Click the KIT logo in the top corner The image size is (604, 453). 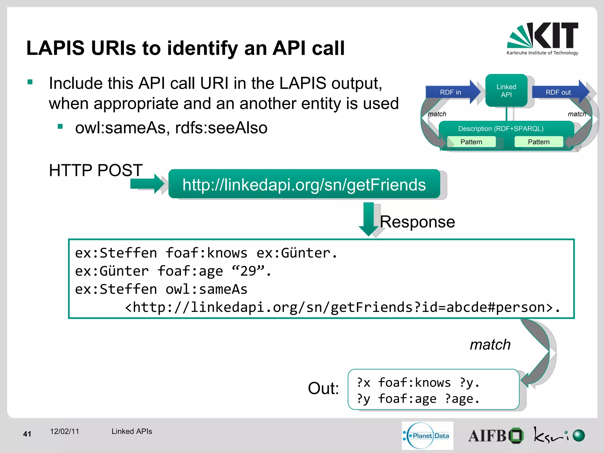(x=542, y=38)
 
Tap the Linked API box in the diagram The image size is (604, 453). (x=506, y=91)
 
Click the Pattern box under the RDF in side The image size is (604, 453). (x=471, y=142)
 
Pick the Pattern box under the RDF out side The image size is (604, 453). (x=539, y=142)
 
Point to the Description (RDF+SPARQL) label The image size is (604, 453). (x=500, y=129)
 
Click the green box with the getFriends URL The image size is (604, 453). (x=304, y=185)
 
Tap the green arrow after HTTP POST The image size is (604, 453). (x=147, y=184)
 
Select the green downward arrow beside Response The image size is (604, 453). (x=368, y=219)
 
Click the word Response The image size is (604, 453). (x=417, y=222)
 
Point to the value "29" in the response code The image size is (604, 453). (x=248, y=271)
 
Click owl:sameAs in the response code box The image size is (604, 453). (x=206, y=289)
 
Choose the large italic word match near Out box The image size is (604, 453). (x=490, y=344)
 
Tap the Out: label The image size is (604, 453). (x=323, y=388)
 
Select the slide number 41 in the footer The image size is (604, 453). (x=27, y=434)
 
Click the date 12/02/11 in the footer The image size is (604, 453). (x=65, y=431)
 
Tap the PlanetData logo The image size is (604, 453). (x=427, y=436)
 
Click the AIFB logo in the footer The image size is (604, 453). (x=495, y=436)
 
